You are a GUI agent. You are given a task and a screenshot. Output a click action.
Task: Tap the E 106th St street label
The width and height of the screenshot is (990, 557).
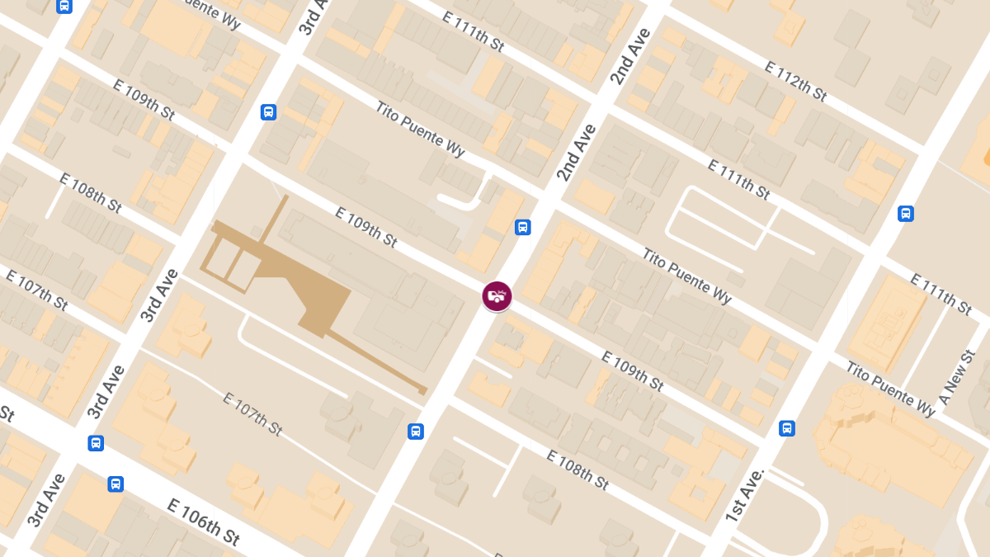click(x=204, y=522)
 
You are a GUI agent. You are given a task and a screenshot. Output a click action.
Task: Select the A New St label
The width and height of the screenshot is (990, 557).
click(x=957, y=376)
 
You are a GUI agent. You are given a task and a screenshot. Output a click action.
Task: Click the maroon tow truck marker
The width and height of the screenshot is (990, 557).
click(x=497, y=295)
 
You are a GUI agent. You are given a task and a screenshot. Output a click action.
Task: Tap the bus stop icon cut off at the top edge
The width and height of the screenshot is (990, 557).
click(x=64, y=6)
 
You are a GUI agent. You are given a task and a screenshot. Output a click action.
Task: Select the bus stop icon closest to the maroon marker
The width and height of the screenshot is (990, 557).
click(x=522, y=227)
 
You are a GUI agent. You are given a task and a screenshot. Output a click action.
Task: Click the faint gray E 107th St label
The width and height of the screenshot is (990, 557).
click(x=252, y=414)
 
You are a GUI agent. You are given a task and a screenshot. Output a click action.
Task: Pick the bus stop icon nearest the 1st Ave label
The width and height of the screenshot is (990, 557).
click(x=787, y=428)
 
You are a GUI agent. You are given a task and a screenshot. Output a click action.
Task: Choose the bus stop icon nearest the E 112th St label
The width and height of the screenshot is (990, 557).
click(x=905, y=214)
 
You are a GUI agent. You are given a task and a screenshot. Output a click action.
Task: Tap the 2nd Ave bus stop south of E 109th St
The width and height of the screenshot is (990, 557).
click(x=416, y=431)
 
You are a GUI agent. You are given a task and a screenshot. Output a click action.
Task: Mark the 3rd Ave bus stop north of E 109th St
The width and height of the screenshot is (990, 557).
click(x=268, y=111)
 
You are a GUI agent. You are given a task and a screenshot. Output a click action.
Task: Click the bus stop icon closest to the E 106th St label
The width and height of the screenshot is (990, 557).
click(x=115, y=484)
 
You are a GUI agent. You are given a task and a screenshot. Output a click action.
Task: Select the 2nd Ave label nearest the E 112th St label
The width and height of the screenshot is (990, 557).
click(x=631, y=56)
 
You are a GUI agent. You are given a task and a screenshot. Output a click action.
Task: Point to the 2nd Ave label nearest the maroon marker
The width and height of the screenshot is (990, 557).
click(x=576, y=153)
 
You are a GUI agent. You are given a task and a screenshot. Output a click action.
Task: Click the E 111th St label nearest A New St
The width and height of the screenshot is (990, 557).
click(x=940, y=294)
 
